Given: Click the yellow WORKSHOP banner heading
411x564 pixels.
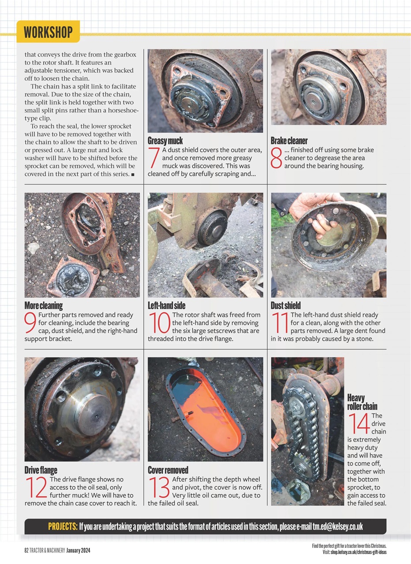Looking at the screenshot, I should [x=48, y=32].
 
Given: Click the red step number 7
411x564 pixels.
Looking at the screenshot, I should [x=154, y=158].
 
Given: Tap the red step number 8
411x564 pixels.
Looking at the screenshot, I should [x=276, y=158].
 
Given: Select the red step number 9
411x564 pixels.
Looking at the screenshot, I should [x=30, y=323].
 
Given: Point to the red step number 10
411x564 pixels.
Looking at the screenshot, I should [x=159, y=323].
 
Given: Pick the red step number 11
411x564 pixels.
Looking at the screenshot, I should [x=280, y=323].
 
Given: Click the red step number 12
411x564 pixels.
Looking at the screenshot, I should [x=36, y=488].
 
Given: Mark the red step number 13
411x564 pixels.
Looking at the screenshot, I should [x=159, y=488].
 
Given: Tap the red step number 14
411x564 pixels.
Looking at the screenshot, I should [x=359, y=424].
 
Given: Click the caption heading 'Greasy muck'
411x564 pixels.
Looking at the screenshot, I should [x=165, y=141].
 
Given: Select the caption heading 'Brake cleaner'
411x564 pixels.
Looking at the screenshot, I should [x=289, y=141].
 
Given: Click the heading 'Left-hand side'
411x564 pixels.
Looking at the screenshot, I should [x=166, y=305].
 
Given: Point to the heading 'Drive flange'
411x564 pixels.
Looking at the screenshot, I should [x=41, y=470].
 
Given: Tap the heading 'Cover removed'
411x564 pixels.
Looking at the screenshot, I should [x=168, y=470].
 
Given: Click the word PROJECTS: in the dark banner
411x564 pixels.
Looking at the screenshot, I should [x=63, y=527].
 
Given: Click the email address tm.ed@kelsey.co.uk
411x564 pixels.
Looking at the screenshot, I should [x=338, y=527].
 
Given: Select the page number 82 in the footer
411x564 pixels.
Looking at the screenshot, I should [x=26, y=550].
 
